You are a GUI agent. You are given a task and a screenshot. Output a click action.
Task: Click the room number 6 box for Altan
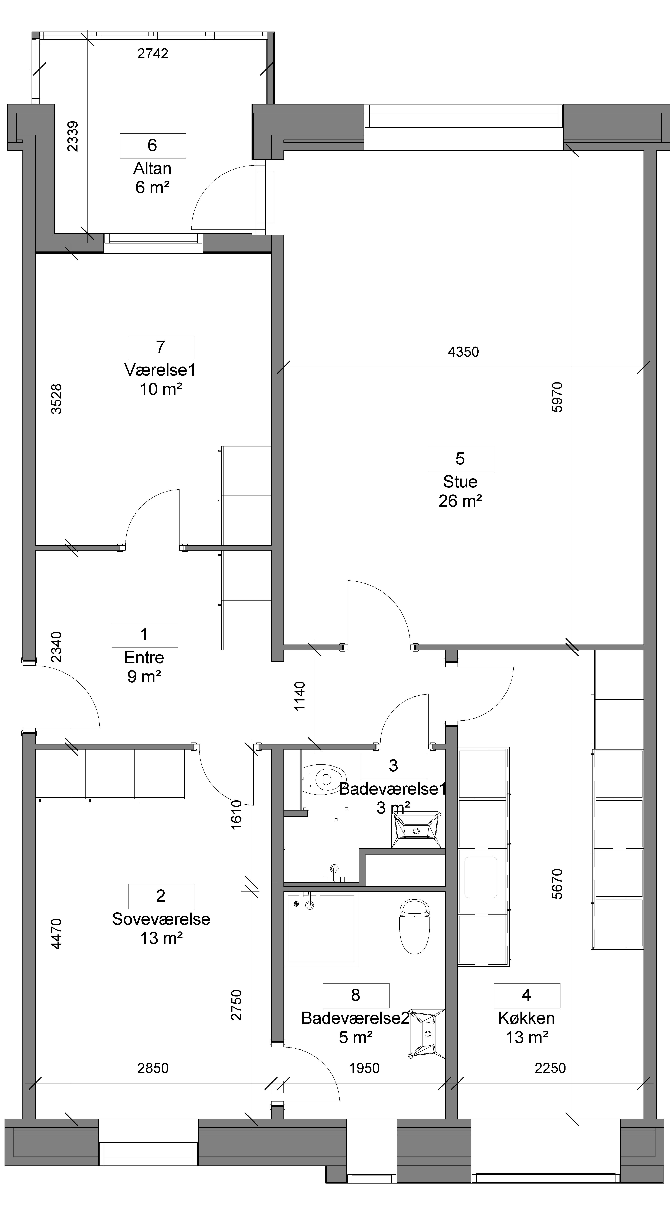(153, 146)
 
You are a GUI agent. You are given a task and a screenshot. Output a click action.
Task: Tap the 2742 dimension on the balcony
(153, 53)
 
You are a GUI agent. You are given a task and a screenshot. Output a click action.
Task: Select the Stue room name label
(460, 482)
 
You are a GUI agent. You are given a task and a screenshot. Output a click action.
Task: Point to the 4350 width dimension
(463, 352)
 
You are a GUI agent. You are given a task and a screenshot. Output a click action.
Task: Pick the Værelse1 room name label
(160, 370)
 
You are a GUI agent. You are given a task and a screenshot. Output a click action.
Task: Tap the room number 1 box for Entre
(144, 635)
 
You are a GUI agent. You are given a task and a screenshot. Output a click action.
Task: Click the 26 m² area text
(460, 501)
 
